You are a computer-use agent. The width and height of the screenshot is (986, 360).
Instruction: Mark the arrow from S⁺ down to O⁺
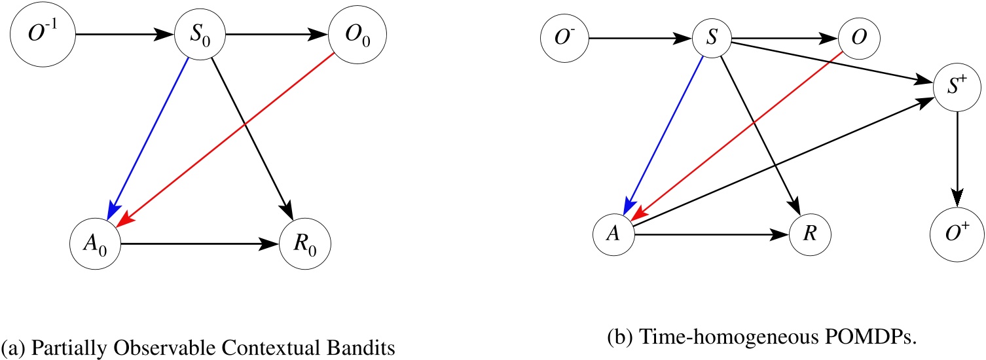[958, 157]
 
